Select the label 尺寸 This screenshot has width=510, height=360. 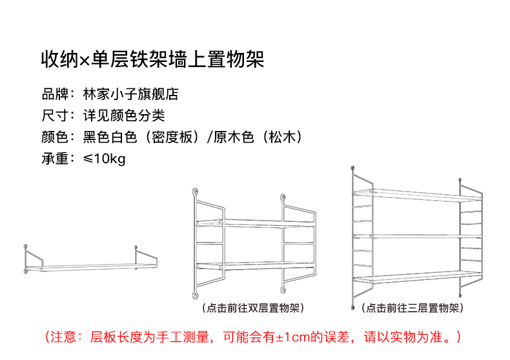[x=55, y=116]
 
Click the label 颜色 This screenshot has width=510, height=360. [x=55, y=137]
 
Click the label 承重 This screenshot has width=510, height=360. [x=55, y=159]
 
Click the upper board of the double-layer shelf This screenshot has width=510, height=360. [x=253, y=222]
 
